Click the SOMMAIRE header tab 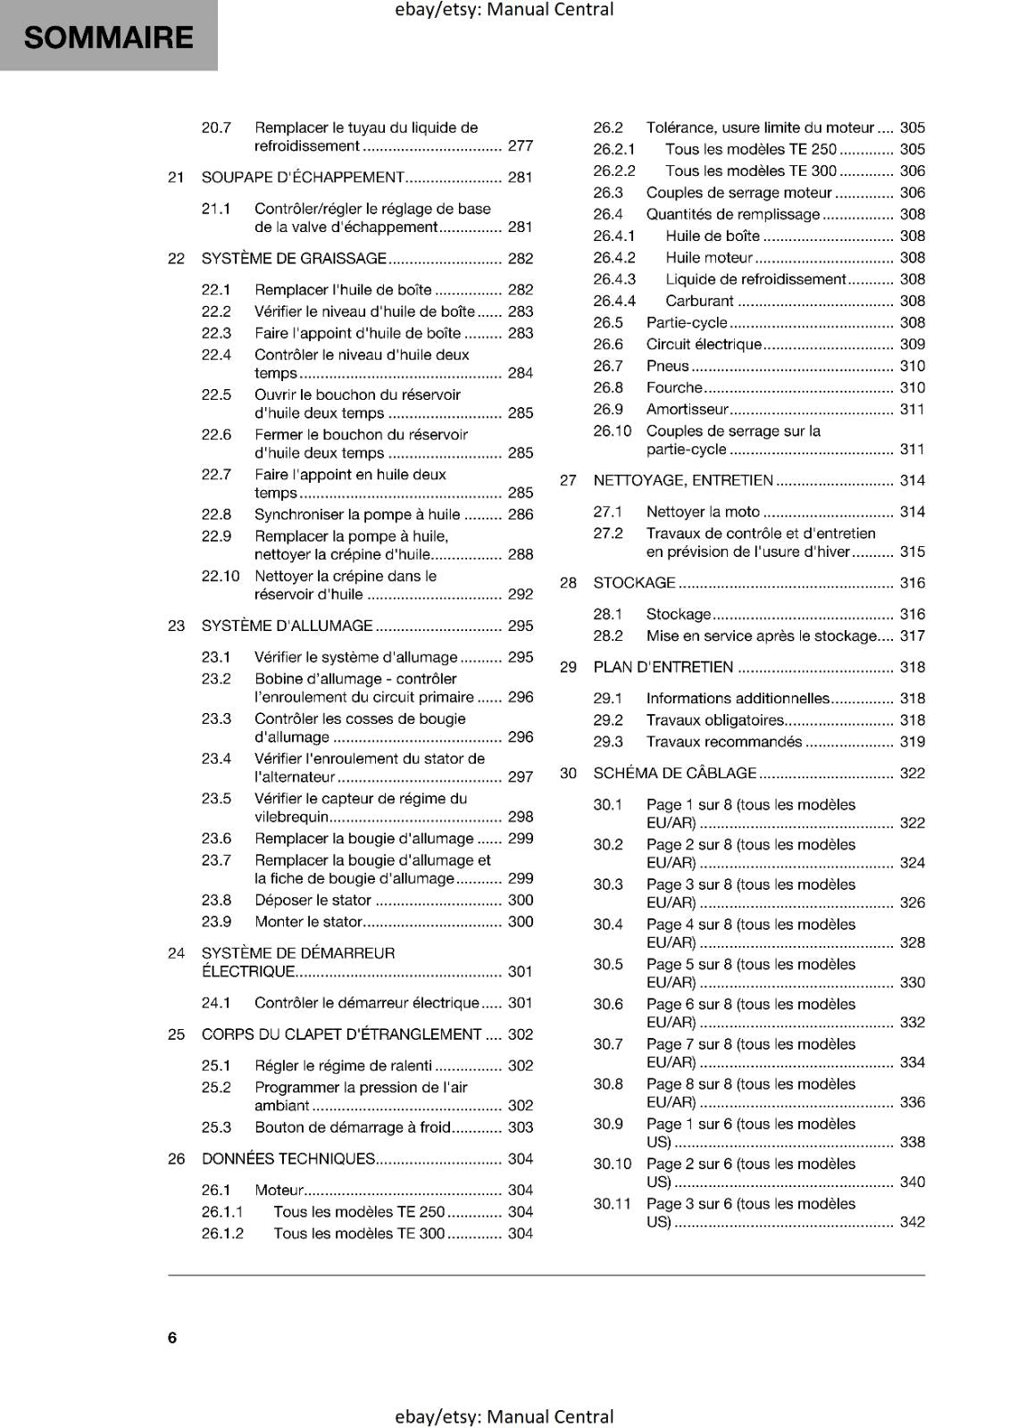pos(108,37)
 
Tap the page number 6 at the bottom pos(172,1337)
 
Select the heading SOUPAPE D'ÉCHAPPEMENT pos(303,177)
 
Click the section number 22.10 pos(221,576)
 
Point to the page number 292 pos(520,594)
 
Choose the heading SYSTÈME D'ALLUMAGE pos(287,626)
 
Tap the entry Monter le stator pos(309,922)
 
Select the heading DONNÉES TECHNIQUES pos(288,1158)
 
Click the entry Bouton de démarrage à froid pos(353,1127)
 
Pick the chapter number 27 pos(568,480)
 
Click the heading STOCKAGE pos(634,583)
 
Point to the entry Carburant pos(699,301)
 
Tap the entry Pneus pos(667,366)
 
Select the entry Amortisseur pos(687,410)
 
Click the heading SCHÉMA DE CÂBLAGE pos(674,773)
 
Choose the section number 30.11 pos(612,1204)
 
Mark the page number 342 pos(912,1222)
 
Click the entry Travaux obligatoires pos(715,720)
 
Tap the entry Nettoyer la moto pos(703,511)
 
